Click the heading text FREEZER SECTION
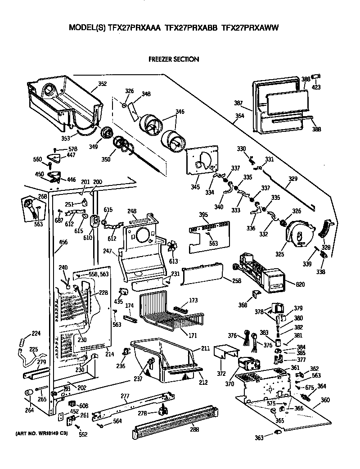tap(173, 59)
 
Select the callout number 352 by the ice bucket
tap(102, 83)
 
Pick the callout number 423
tap(316, 87)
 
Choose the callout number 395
tap(204, 215)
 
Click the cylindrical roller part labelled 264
tap(29, 394)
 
